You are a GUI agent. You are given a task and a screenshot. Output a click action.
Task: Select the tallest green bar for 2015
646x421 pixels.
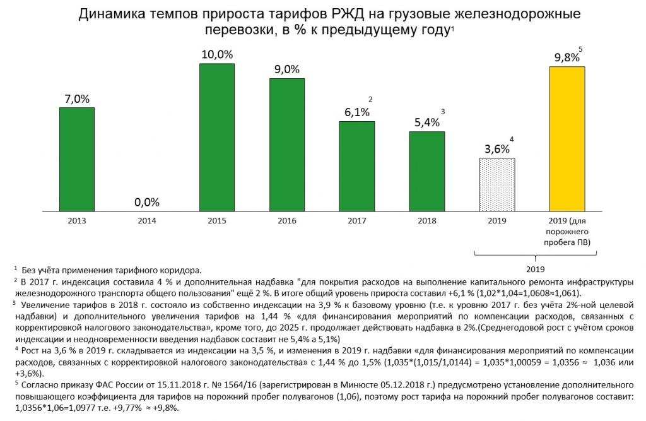pos(216,136)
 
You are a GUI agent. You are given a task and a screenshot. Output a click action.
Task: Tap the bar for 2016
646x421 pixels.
pos(287,144)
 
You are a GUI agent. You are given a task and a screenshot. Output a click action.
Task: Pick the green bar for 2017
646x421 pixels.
pos(356,165)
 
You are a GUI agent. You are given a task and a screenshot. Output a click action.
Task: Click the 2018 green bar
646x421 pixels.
pos(426,170)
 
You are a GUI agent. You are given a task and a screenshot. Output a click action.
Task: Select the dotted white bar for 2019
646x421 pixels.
pos(496,184)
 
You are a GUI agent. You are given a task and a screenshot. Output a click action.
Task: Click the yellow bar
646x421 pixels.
pos(567,138)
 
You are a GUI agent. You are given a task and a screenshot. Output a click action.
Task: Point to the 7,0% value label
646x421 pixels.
pos(77,99)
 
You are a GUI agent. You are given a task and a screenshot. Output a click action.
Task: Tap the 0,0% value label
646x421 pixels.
pos(147,203)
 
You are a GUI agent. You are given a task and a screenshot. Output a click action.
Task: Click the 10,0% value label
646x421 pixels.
pos(217,55)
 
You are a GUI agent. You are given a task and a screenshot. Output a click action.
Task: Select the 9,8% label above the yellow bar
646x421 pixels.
pos(566,57)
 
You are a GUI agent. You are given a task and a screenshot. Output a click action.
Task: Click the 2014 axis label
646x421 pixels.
pos(147,222)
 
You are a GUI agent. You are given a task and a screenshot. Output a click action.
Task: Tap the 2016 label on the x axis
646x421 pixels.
pos(287,222)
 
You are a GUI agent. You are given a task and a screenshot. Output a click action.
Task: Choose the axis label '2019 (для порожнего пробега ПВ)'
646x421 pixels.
pos(567,232)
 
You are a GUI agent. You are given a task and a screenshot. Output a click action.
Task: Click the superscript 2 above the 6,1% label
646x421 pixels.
pos(370,99)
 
